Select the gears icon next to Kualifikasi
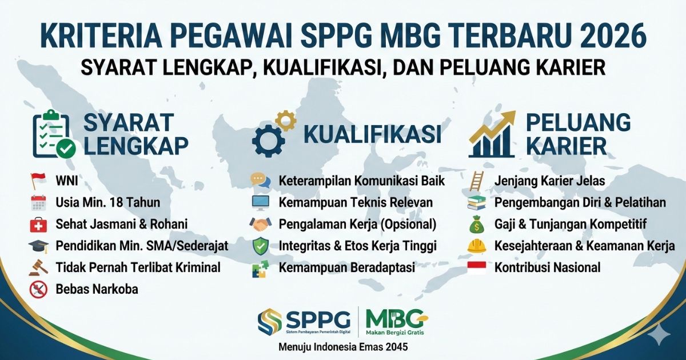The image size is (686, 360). point(273,134)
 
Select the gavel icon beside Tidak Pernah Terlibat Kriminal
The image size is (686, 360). point(38,267)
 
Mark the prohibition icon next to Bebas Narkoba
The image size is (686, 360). point(38,289)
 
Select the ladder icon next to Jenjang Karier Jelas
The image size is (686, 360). point(476,181)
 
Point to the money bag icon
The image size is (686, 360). point(476,224)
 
